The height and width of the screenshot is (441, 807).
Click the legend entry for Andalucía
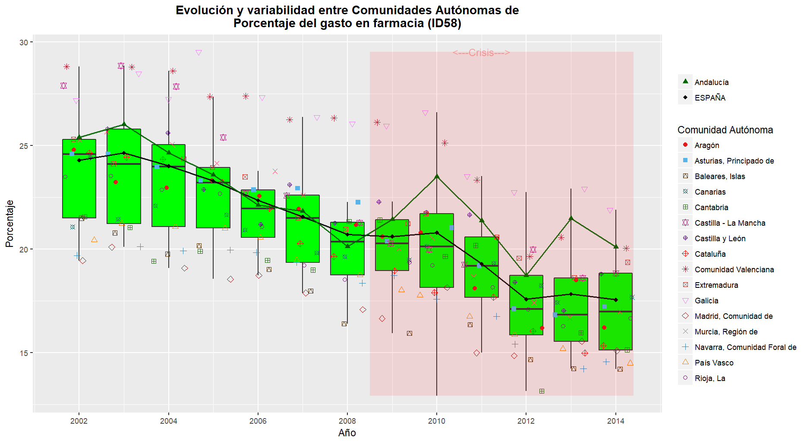pos(711,82)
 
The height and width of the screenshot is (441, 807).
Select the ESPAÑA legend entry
pos(709,98)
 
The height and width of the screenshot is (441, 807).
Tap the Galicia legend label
pos(706,301)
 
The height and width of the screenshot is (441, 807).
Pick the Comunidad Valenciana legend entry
pos(734,270)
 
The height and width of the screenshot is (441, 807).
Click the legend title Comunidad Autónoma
pos(725,130)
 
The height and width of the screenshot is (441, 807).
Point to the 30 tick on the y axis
pos(23,42)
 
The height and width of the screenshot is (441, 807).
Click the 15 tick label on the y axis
pos(23,353)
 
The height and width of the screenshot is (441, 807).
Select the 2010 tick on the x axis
pos(437,421)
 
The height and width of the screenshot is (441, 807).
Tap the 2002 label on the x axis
pos(79,421)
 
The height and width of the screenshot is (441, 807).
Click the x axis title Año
pos(347,433)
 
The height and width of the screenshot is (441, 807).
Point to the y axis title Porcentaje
pos(9,224)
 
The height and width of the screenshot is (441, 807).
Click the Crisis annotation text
pos(481,53)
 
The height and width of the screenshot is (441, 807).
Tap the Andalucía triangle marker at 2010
pos(437,176)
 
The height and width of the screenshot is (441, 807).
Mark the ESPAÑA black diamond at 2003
pos(124,153)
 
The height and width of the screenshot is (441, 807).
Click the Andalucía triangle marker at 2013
pos(571,218)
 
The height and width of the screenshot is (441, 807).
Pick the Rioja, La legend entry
pos(709,378)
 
